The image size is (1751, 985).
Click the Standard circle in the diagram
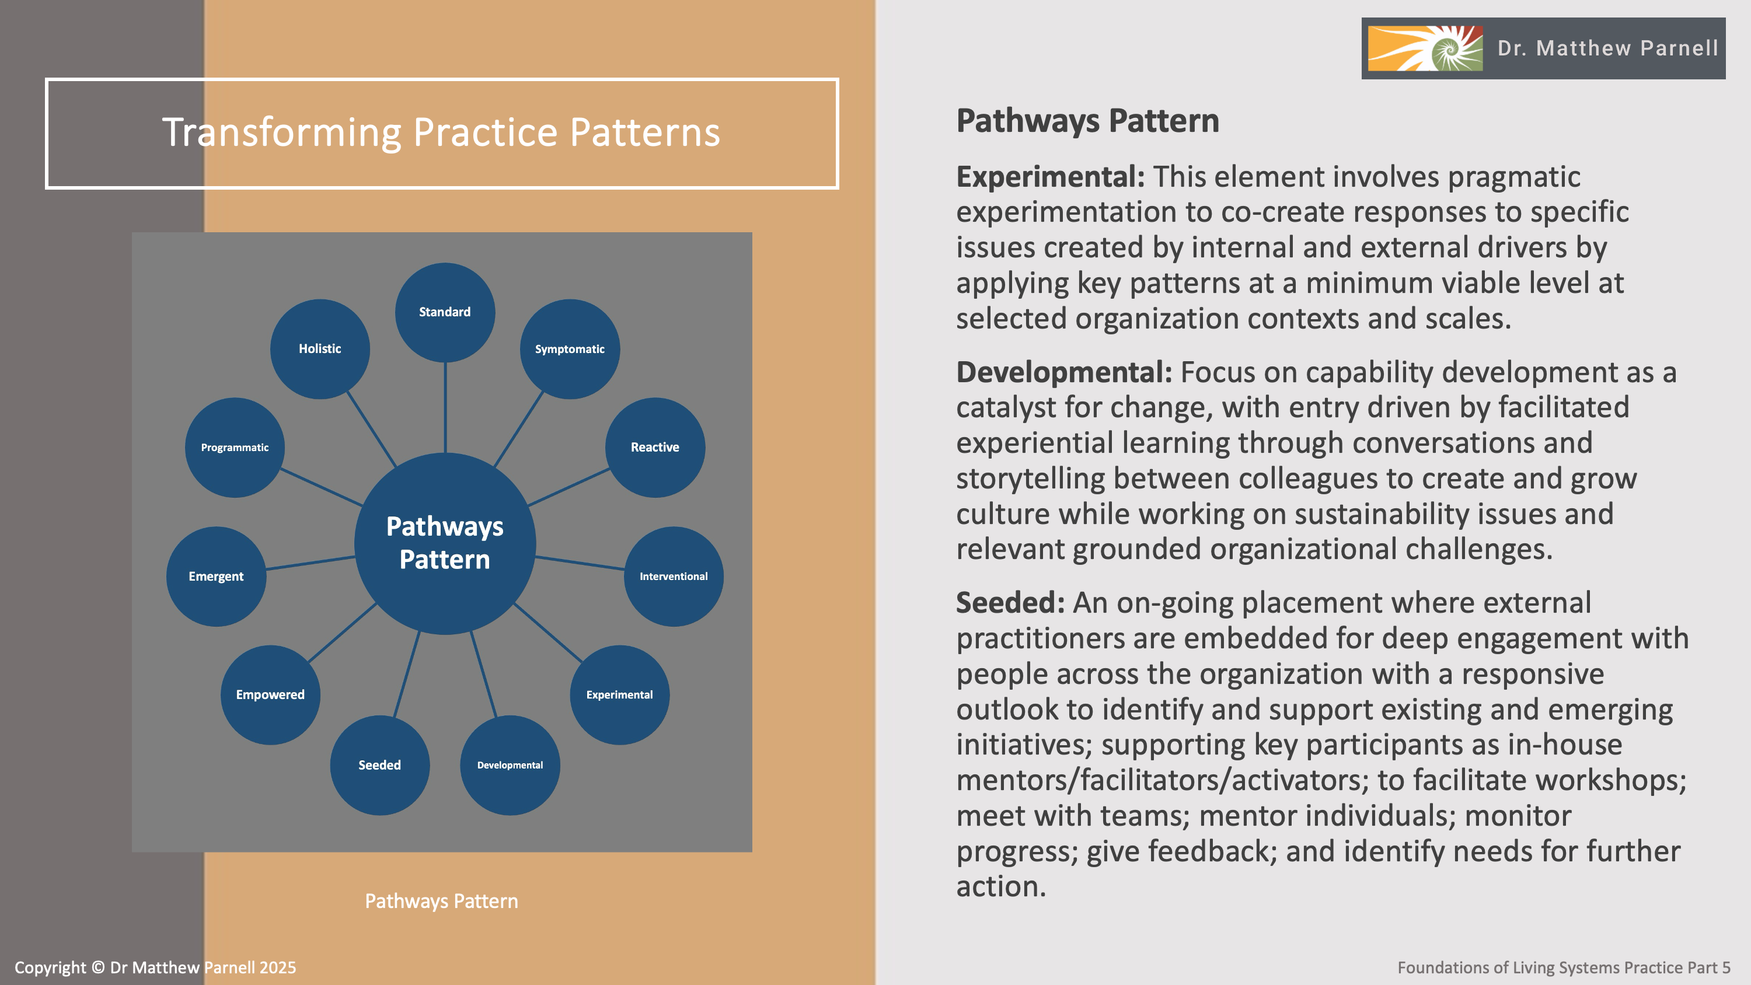pos(445,312)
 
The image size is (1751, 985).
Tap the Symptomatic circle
pos(570,349)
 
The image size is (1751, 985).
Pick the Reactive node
pos(655,448)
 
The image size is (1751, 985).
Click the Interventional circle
pos(673,577)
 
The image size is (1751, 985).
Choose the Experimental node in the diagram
pos(619,695)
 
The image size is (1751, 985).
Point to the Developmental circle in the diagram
pos(510,765)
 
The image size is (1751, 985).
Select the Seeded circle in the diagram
pos(379,765)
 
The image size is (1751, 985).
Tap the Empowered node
pos(270,695)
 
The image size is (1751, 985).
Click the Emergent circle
pos(215,577)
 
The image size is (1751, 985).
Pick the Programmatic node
pos(235,448)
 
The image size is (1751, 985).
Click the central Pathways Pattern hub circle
pos(445,543)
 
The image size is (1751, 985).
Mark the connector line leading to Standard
pos(445,408)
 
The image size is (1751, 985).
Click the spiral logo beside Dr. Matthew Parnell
pos(1425,48)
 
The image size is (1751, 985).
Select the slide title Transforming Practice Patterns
pos(441,132)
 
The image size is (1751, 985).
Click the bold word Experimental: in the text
pos(1050,177)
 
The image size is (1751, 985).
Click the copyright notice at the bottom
pos(155,967)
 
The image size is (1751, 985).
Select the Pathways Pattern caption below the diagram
pos(441,902)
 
